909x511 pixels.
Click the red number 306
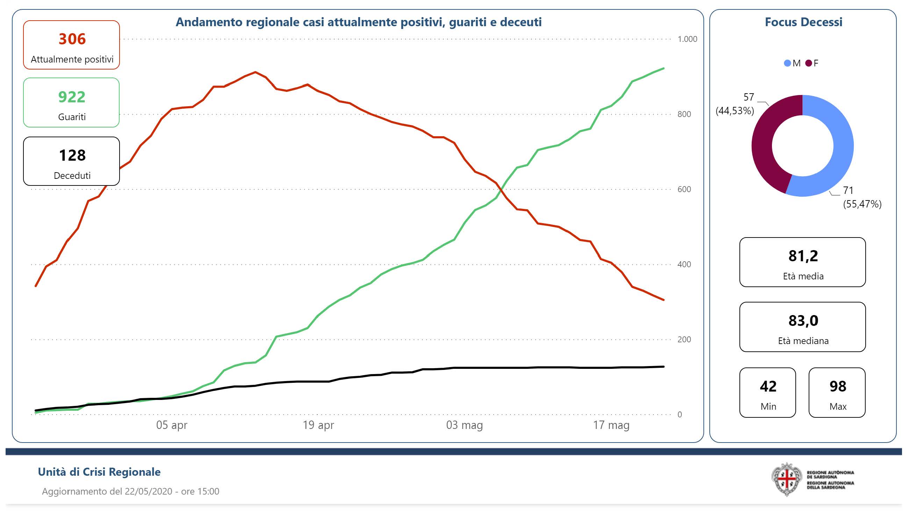click(x=72, y=39)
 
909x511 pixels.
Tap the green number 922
click(x=72, y=97)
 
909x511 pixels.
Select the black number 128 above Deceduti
click(x=72, y=155)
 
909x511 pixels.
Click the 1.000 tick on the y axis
click(x=687, y=39)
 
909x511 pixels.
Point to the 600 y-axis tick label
click(x=684, y=189)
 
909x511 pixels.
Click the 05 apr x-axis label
click(x=172, y=425)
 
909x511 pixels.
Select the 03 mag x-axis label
click(x=464, y=425)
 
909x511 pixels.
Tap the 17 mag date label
click(x=611, y=425)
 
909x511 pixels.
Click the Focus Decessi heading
click(x=803, y=22)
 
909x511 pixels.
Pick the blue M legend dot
click(x=787, y=64)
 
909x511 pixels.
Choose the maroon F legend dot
click(x=808, y=64)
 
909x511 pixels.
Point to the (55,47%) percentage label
click(x=862, y=204)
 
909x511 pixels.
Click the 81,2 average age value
click(x=803, y=256)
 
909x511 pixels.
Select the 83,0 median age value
click(x=803, y=321)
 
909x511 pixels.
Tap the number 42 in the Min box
click(x=768, y=387)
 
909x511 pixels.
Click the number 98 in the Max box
click(x=837, y=387)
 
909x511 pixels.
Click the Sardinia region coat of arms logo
click(x=786, y=480)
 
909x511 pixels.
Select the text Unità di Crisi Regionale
click(x=99, y=472)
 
